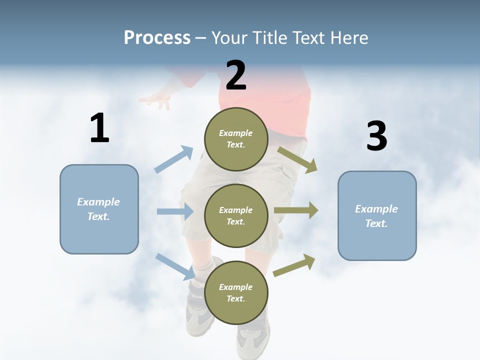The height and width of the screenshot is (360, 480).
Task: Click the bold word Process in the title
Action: tap(157, 37)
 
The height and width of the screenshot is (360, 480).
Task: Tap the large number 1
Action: tap(99, 128)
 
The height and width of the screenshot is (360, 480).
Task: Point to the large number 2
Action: tap(236, 75)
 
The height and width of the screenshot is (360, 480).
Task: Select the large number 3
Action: tap(376, 136)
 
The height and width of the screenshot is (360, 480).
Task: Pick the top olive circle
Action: tap(236, 139)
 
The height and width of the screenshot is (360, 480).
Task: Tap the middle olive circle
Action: tap(236, 216)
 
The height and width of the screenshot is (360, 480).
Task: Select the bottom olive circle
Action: tap(236, 293)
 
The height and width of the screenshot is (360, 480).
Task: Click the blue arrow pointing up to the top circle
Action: tap(174, 159)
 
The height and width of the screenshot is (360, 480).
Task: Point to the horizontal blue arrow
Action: tap(175, 211)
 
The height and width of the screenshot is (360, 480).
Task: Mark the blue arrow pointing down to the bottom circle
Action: tap(175, 266)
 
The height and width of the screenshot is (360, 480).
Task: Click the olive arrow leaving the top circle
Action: tap(297, 159)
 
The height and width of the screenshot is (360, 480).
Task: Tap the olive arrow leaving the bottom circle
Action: tap(294, 265)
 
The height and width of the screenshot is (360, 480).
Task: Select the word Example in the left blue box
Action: tap(98, 202)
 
